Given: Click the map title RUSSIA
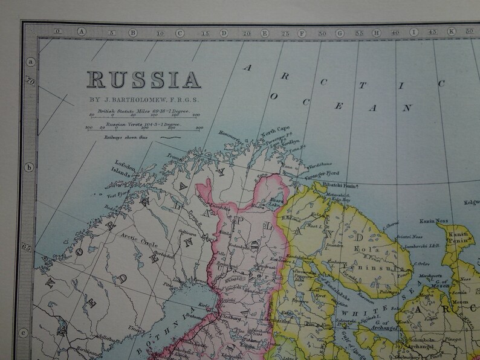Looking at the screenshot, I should tap(143, 79).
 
